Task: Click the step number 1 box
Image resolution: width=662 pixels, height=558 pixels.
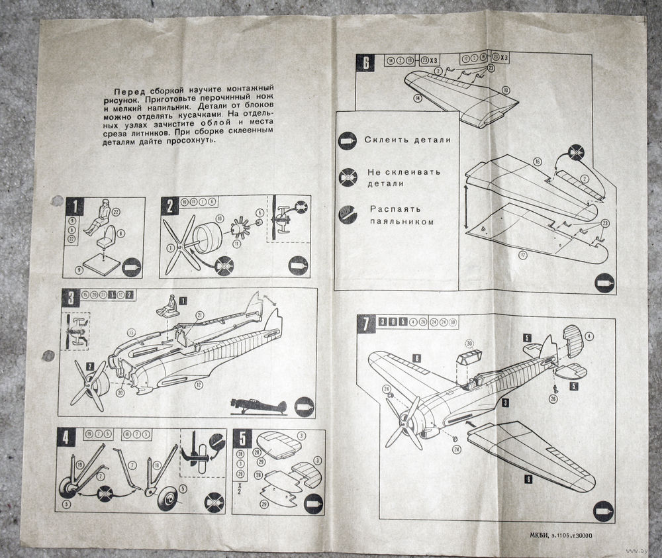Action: point(75,207)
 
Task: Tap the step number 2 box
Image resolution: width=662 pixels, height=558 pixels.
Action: point(170,206)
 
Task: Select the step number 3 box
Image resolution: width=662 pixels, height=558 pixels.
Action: point(70,298)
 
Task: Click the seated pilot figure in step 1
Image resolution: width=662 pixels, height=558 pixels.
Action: point(104,214)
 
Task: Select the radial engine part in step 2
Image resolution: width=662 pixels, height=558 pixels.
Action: point(238,230)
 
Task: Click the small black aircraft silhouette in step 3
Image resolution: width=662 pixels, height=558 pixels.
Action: point(258,404)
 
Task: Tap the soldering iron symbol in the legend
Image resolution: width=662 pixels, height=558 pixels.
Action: point(348,213)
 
